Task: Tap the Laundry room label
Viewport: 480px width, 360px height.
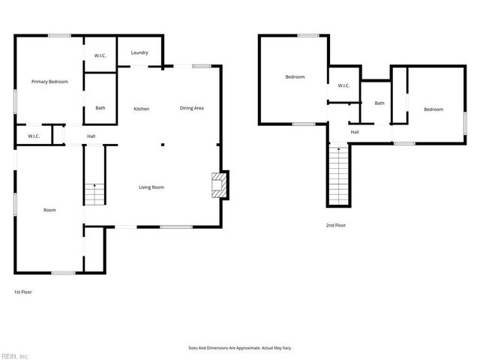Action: (139, 52)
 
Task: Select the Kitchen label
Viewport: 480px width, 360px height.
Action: (141, 109)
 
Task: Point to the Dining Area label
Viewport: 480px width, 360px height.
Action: (191, 108)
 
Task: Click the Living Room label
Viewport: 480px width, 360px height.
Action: (151, 187)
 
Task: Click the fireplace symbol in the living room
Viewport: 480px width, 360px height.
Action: (218, 185)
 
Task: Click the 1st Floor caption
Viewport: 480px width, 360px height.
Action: (23, 292)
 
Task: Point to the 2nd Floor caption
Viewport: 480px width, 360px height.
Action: (336, 225)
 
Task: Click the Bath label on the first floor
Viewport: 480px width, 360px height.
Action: (100, 108)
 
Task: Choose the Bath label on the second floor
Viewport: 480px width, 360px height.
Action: (379, 103)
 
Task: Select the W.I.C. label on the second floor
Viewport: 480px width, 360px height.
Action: (343, 85)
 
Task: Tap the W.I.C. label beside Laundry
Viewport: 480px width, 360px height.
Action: (100, 56)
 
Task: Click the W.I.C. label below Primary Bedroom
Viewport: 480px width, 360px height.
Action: (34, 136)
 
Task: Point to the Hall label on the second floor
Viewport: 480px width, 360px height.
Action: (354, 132)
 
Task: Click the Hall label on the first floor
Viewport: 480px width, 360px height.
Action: (91, 136)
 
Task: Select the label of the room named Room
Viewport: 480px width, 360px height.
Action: (49, 210)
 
